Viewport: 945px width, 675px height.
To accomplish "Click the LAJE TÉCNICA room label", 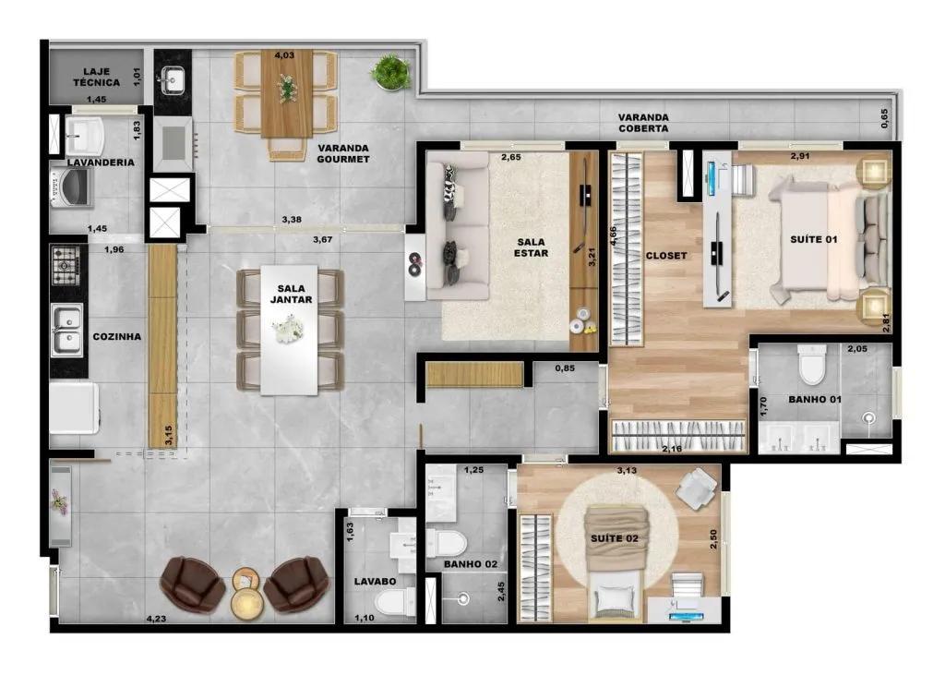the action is [x=96, y=77].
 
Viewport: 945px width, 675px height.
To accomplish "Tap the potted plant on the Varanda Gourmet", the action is [x=391, y=72].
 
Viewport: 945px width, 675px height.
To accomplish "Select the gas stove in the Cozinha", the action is [x=66, y=265].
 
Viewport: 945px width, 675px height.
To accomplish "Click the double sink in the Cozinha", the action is [x=66, y=330].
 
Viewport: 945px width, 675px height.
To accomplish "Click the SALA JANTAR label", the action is [x=291, y=294].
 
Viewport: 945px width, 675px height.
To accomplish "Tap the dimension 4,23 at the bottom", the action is [x=156, y=619].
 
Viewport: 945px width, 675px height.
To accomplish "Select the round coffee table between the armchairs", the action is [x=246, y=594].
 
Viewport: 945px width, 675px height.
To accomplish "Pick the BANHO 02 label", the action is [x=471, y=564].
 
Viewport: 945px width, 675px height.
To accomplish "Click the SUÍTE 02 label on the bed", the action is [x=614, y=538].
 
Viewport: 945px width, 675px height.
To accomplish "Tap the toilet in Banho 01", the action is [x=812, y=364].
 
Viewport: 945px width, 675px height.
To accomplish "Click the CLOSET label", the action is [x=666, y=256].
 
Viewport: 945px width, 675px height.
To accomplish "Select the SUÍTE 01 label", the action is [x=814, y=239].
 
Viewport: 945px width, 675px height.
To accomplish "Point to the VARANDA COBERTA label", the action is [x=643, y=123].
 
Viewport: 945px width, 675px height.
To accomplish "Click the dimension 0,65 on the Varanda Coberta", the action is [x=883, y=118].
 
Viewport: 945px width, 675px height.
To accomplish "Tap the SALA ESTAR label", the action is [x=531, y=247].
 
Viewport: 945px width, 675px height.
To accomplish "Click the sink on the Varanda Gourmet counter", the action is [x=173, y=79].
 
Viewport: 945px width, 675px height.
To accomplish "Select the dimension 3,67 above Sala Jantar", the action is [x=322, y=239].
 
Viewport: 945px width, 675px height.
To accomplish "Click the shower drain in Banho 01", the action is [x=867, y=416].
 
